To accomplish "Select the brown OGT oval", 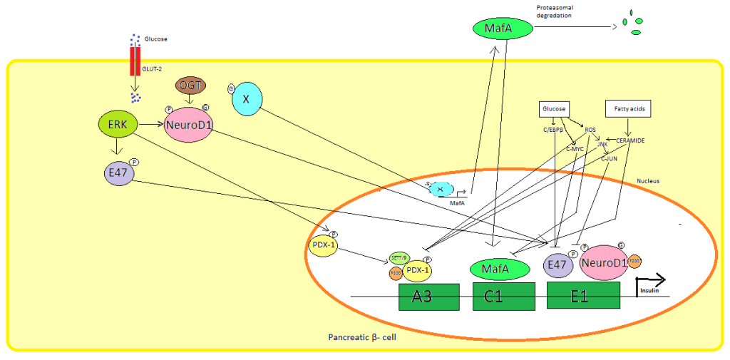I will pyautogui.click(x=191, y=86).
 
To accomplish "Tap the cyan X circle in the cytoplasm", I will pyautogui.click(x=246, y=100).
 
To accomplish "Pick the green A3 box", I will pyautogui.click(x=428, y=296).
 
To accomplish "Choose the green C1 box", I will pyautogui.click(x=504, y=296).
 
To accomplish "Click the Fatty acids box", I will pyautogui.click(x=629, y=109).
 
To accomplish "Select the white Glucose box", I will pyautogui.click(x=552, y=109).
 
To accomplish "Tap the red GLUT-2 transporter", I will pyautogui.click(x=135, y=61).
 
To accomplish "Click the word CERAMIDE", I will pyautogui.click(x=630, y=140).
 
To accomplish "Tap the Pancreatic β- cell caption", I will pyautogui.click(x=362, y=336).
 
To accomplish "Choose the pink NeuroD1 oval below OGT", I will pyautogui.click(x=187, y=125).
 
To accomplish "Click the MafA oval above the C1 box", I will pyautogui.click(x=498, y=269).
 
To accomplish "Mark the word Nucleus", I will pyautogui.click(x=648, y=181).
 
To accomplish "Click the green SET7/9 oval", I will pyautogui.click(x=397, y=259).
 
